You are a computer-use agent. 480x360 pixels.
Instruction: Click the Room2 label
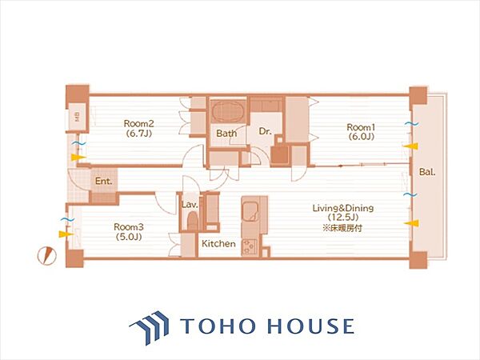(138, 124)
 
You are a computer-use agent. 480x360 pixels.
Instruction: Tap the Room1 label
(362, 126)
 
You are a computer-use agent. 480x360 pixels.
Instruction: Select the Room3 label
(129, 227)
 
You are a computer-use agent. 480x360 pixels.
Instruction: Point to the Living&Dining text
(343, 209)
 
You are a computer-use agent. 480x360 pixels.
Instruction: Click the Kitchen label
(218, 244)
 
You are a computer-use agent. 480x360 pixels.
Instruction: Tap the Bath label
(226, 134)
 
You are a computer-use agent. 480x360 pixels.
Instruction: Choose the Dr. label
(265, 131)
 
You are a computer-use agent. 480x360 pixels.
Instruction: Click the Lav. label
(190, 205)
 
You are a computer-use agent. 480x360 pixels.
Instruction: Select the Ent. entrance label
(103, 181)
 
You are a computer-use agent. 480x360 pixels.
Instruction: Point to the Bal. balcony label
(427, 172)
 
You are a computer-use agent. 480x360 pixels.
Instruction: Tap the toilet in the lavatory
(192, 221)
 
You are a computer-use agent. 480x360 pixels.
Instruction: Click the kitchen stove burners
(250, 246)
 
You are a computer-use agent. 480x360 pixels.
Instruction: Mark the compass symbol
(47, 256)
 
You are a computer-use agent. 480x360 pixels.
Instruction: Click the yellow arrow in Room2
(78, 158)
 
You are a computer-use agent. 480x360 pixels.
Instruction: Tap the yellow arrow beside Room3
(66, 234)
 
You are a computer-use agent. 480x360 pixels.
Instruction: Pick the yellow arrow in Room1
(410, 146)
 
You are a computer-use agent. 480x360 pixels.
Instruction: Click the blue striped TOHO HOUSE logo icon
(150, 327)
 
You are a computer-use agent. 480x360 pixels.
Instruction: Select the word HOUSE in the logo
(310, 326)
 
